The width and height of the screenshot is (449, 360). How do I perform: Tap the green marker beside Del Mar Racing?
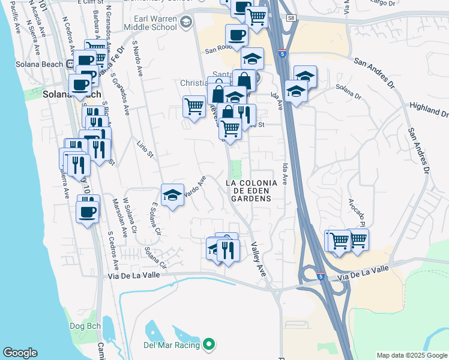tap(209, 344)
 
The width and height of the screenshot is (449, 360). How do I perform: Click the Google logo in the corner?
tap(20, 353)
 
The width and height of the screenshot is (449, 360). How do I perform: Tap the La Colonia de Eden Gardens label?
tap(251, 190)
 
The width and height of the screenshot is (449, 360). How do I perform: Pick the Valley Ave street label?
tap(259, 259)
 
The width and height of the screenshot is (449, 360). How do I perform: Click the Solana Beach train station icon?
tap(70, 63)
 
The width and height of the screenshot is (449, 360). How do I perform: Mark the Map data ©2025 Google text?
tap(412, 355)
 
